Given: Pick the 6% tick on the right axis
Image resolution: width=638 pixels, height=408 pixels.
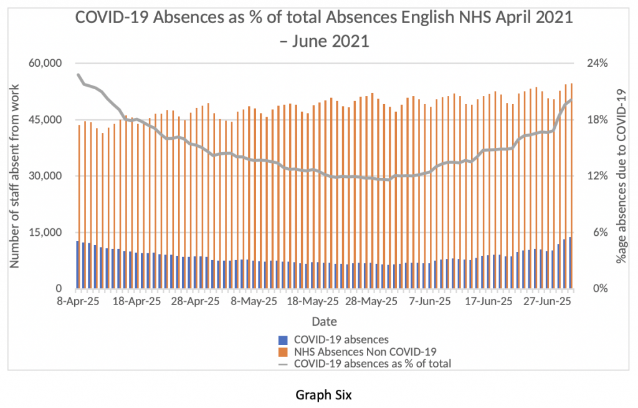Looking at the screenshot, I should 591,232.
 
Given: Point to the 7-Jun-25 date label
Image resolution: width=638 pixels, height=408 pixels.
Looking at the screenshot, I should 429,301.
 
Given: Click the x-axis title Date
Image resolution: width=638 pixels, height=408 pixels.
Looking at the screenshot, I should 325,322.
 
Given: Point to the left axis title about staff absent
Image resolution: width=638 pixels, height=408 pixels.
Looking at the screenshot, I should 14,176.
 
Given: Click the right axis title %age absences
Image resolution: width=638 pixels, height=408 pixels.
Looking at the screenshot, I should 621,176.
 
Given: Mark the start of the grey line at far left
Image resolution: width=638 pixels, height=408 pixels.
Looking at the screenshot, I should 78,74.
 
